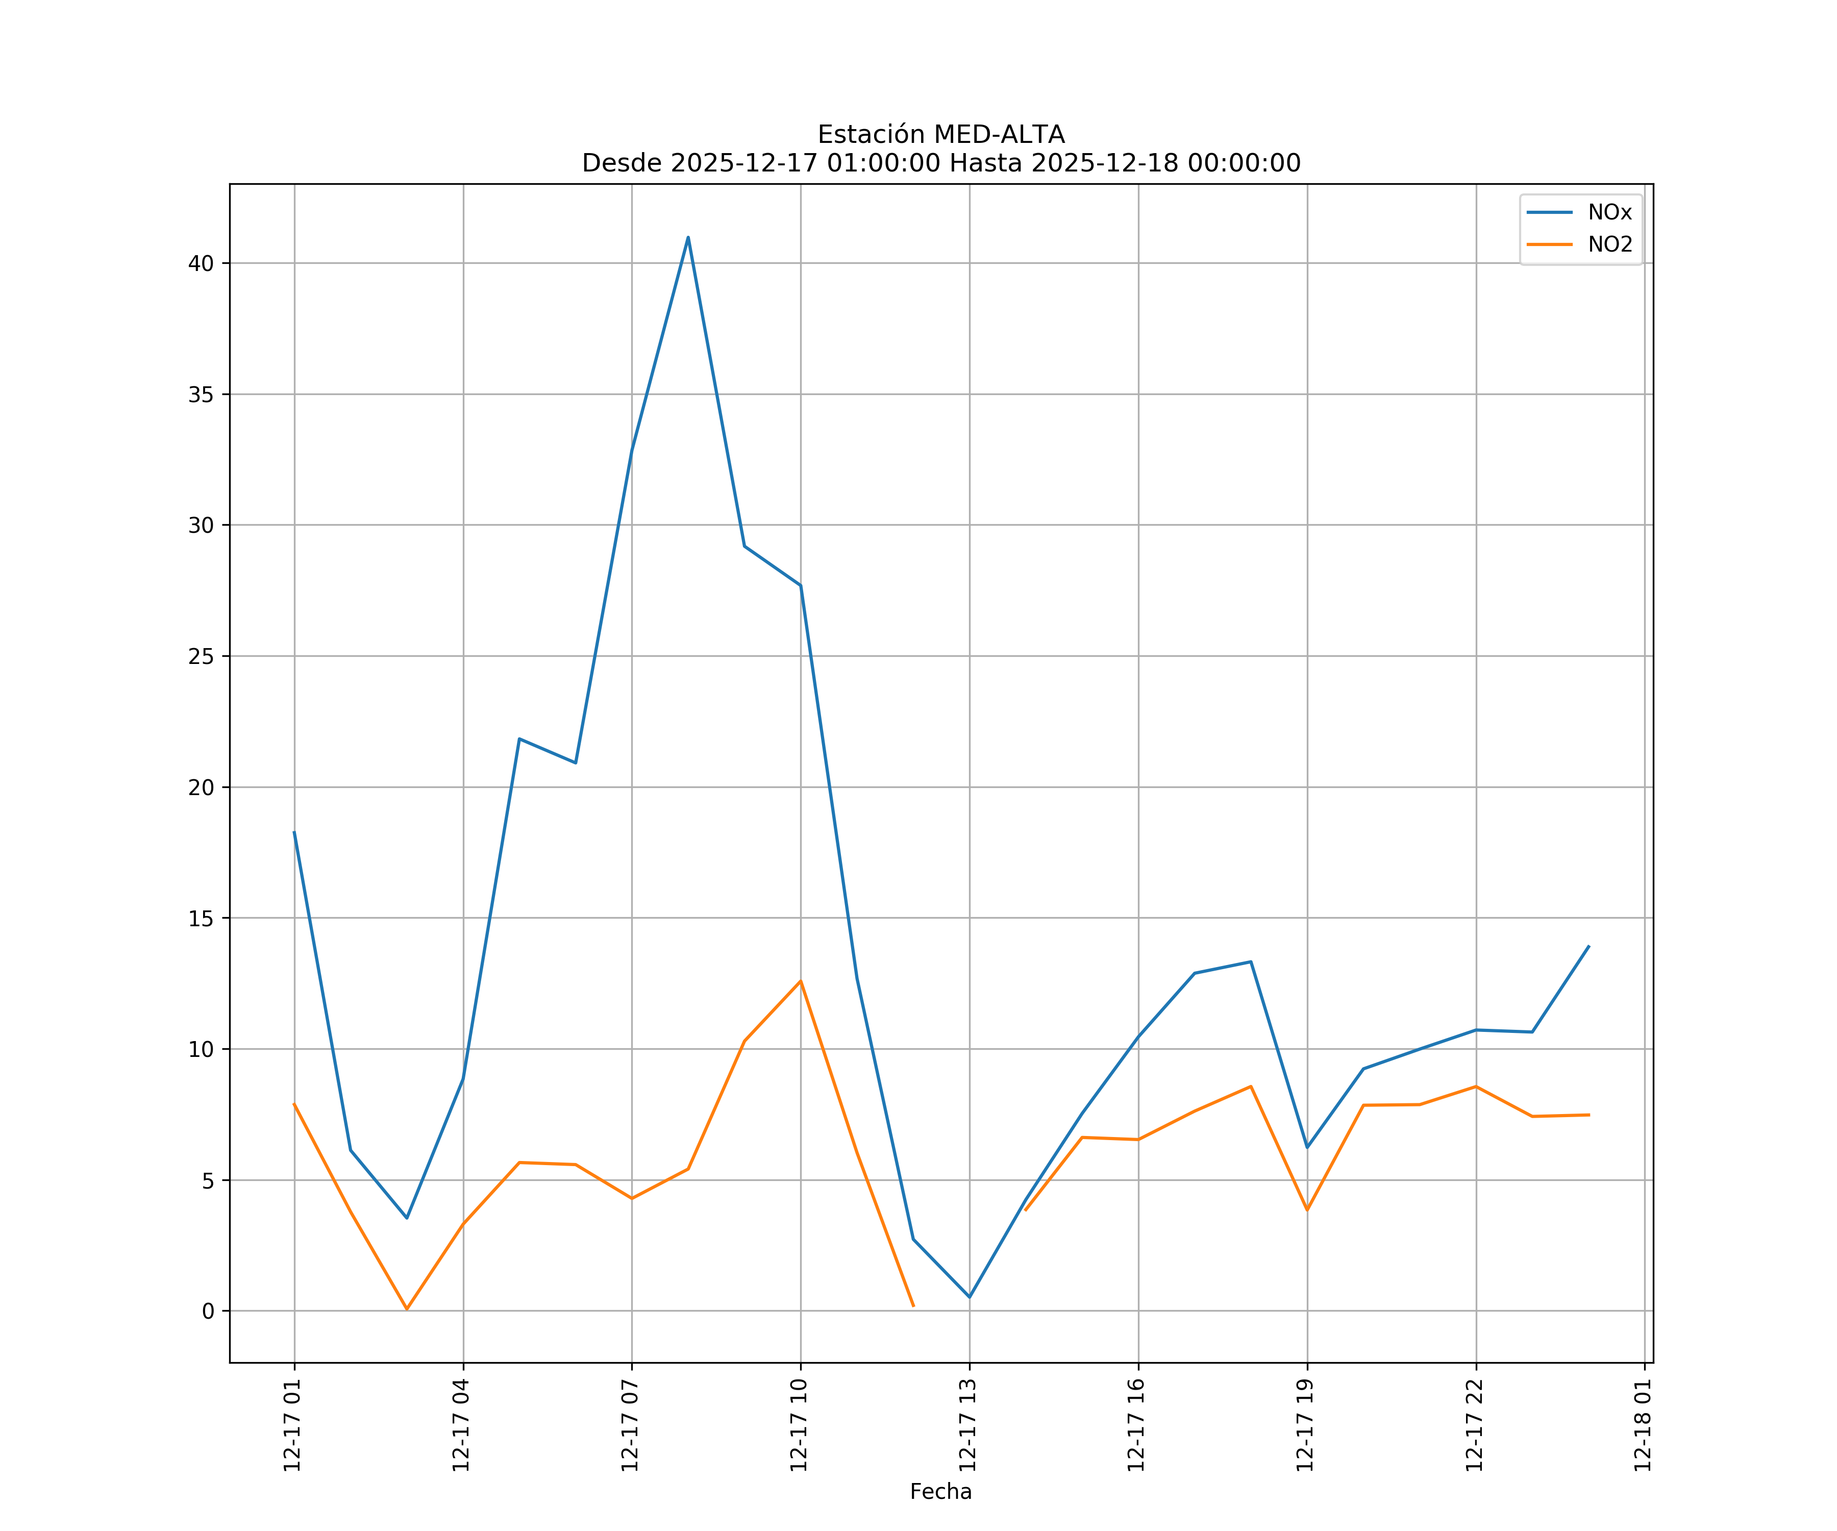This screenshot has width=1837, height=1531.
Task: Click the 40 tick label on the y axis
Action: [x=201, y=263]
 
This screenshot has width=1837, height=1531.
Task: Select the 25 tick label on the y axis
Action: [x=201, y=656]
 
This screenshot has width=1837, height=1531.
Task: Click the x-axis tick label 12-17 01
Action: [x=292, y=1425]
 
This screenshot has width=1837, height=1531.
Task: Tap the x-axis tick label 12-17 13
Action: [x=967, y=1425]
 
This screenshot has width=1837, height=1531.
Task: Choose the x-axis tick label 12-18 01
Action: [x=1643, y=1425]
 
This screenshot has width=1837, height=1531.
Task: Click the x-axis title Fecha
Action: [x=940, y=1492]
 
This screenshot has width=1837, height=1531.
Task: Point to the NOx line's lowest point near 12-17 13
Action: [x=969, y=1297]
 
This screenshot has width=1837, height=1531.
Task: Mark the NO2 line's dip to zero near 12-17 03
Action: [x=407, y=1309]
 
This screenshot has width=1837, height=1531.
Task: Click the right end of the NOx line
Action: [x=1588, y=947]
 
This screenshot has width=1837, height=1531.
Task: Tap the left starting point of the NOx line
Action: [x=294, y=832]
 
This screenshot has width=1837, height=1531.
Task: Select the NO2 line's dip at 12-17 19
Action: [x=1307, y=1210]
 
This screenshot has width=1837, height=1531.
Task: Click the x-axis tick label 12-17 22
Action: [x=1474, y=1425]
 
